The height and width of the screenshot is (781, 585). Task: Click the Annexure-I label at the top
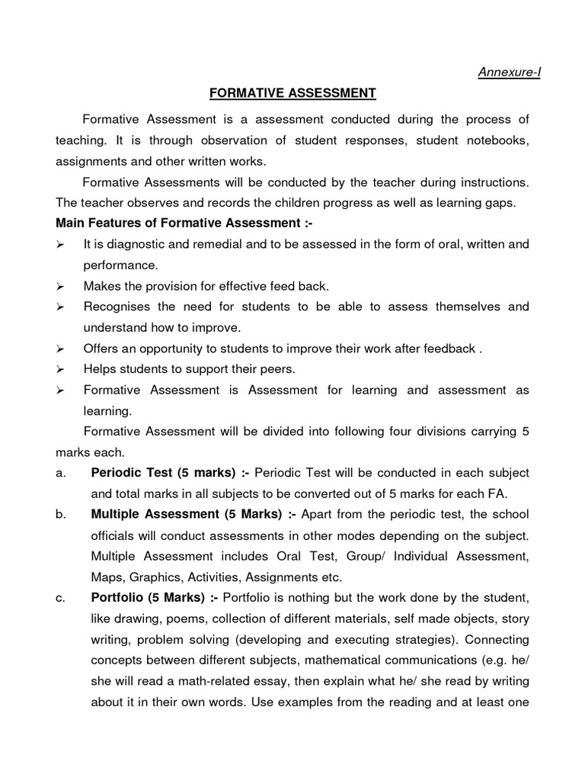tap(509, 72)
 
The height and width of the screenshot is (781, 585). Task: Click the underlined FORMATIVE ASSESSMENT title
tap(292, 93)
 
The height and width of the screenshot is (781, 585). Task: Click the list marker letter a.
tap(60, 473)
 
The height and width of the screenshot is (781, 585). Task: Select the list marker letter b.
tap(60, 514)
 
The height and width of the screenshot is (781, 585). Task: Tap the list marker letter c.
tap(60, 596)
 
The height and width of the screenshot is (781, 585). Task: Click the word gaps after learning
tap(498, 203)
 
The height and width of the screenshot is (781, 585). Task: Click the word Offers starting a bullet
tap(101, 348)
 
